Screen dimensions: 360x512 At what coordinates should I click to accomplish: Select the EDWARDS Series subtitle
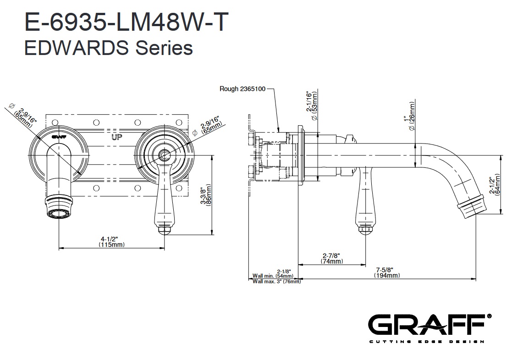(x=108, y=48)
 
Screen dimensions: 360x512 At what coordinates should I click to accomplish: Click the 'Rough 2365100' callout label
(x=242, y=89)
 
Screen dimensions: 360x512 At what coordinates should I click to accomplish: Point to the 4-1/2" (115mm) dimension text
(x=111, y=242)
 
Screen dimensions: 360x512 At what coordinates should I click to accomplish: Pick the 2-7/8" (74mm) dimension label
(x=332, y=258)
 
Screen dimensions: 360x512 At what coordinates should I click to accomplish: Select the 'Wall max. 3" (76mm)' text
(x=277, y=281)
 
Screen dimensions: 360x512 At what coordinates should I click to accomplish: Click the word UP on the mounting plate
(x=117, y=137)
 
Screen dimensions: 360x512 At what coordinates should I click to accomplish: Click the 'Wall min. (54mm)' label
(x=273, y=276)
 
